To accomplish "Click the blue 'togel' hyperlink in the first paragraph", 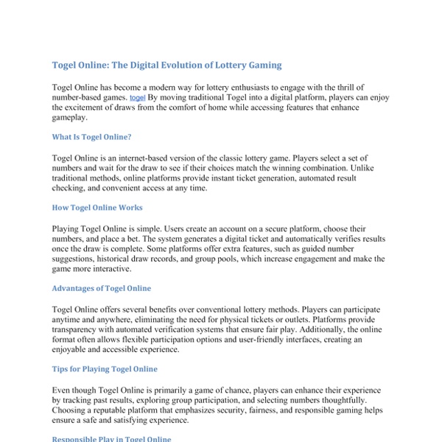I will point(137,97).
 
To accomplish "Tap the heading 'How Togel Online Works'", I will point(97,208).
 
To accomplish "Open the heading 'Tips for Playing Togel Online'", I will point(105,368).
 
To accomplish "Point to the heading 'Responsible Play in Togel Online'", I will point(111,439).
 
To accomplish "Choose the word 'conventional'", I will point(243,310).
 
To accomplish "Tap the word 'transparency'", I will point(78,331).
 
